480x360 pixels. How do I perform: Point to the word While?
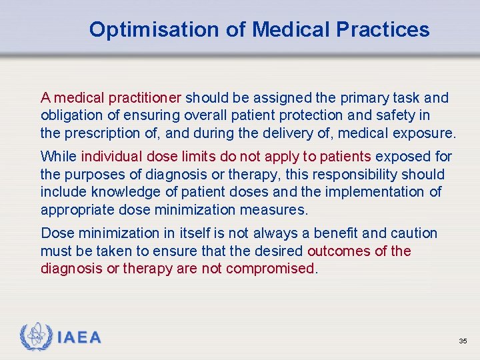pos(58,157)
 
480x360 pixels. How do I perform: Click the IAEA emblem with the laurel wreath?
pos(36,337)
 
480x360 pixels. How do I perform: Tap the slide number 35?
pos(463,341)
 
